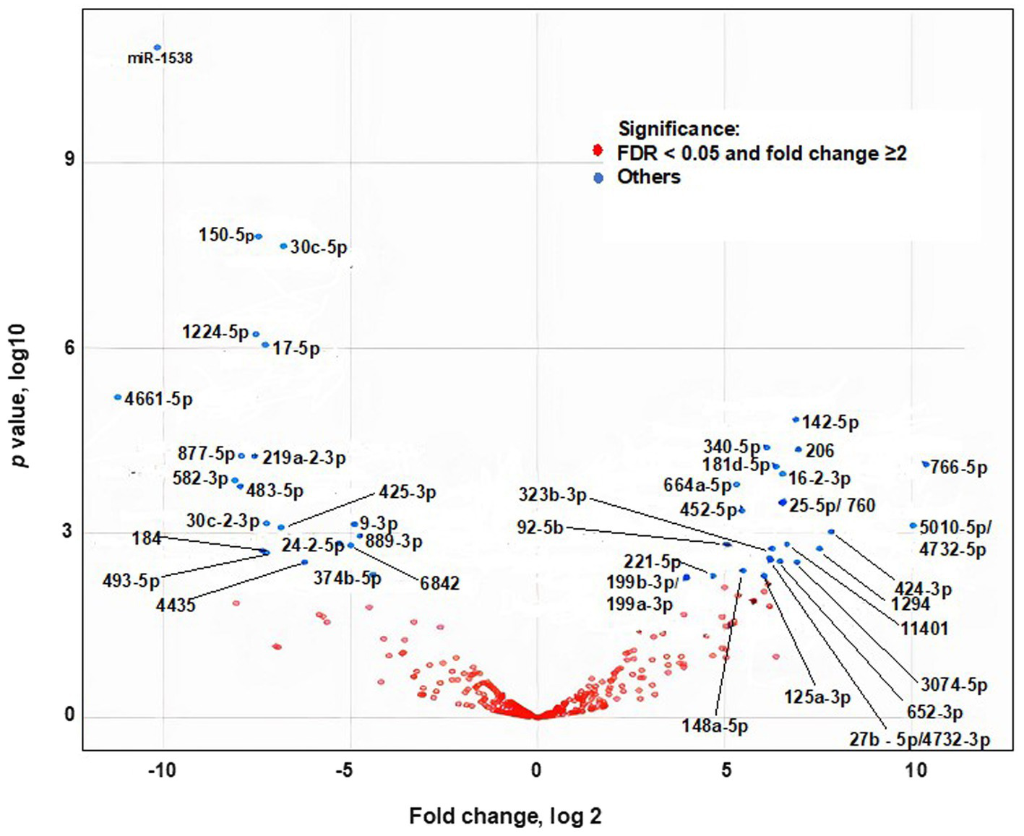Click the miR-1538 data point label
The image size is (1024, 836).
160,59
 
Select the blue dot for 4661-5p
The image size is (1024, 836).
118,397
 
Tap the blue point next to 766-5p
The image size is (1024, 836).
926,464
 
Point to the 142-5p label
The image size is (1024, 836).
830,423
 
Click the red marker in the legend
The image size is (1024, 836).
598,151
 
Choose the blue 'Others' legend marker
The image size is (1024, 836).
598,178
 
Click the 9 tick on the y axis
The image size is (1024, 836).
69,160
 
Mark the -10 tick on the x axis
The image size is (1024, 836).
162,770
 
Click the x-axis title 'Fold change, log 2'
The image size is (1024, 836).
505,816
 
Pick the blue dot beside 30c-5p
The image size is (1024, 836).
284,246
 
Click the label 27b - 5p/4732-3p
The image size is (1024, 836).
919,740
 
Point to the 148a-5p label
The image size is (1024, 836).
714,725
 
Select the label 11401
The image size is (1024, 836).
924,629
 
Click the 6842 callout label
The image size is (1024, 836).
439,583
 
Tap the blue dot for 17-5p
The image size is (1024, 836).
265,345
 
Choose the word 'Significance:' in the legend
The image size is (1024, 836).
679,129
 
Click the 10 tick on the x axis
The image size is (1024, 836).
916,770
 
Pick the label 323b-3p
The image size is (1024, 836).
552,496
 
